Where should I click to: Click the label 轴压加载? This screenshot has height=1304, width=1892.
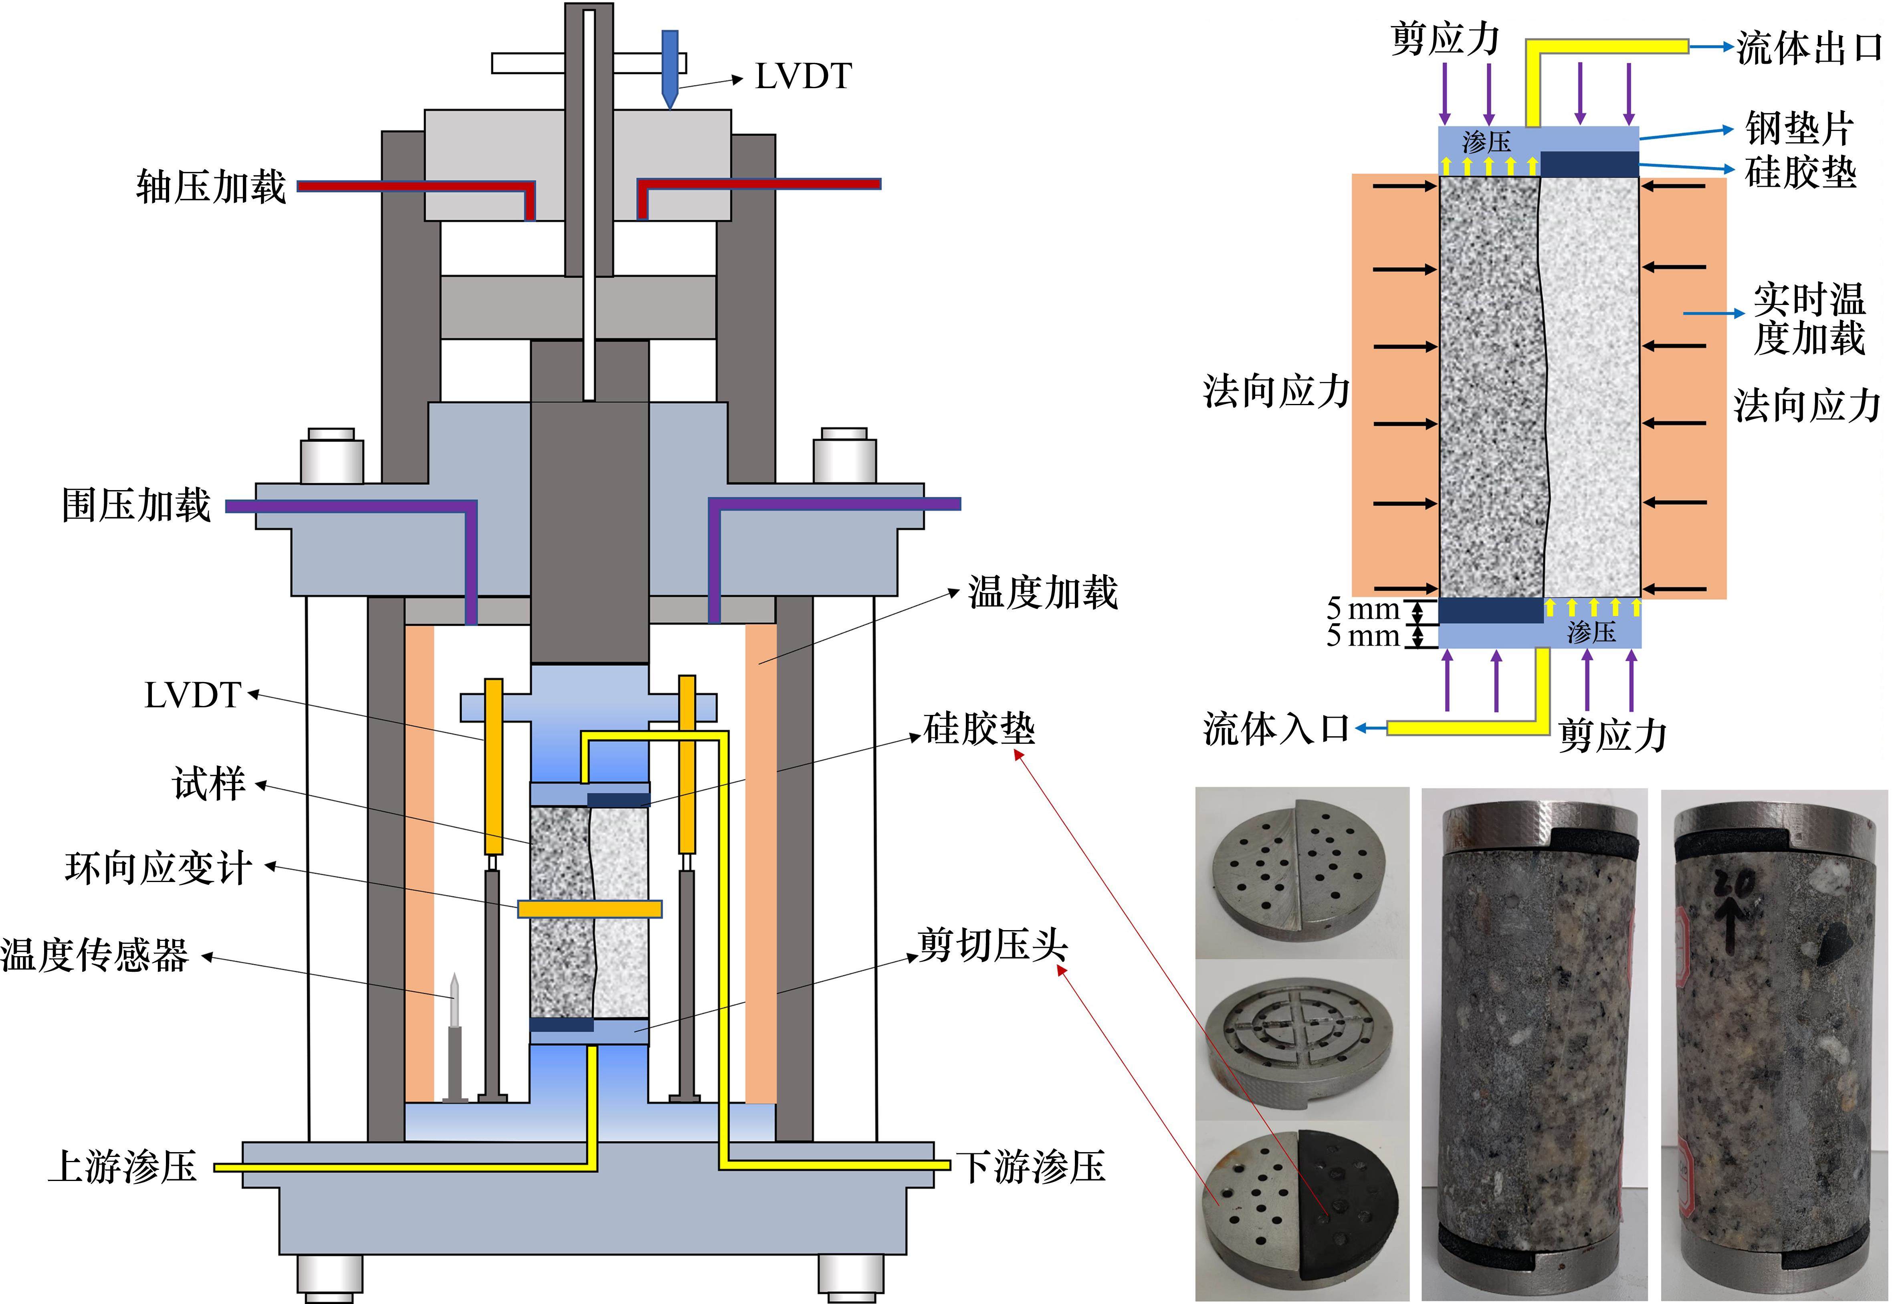coord(211,186)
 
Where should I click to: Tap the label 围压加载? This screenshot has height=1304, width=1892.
coord(136,505)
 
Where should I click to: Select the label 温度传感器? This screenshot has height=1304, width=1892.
coord(95,954)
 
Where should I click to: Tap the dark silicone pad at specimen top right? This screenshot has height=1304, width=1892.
coord(1589,164)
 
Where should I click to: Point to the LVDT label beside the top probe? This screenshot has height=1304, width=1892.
coord(803,77)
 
